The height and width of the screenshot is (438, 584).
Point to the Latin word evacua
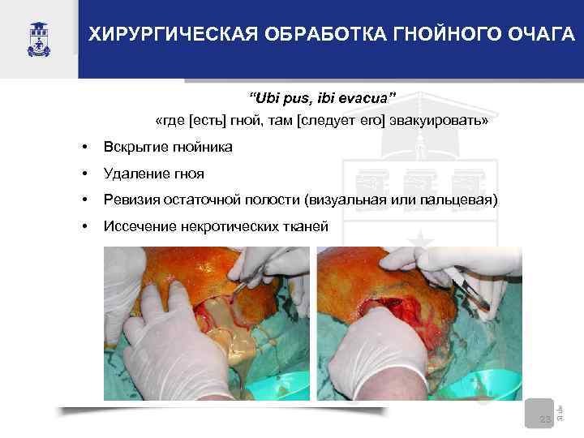click(365, 98)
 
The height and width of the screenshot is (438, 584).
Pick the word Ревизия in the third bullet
click(131, 200)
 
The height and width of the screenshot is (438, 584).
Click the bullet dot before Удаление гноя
click(84, 174)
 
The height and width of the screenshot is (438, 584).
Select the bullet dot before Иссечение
click(84, 225)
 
